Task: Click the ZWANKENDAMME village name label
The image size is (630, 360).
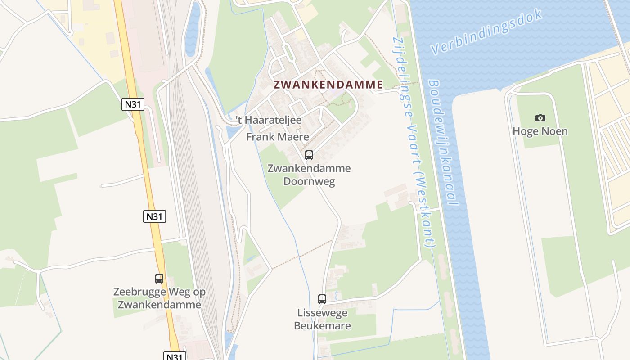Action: (328, 85)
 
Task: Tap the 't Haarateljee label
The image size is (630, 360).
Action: (269, 120)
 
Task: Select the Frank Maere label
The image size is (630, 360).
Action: (278, 137)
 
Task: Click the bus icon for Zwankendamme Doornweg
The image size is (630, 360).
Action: (309, 155)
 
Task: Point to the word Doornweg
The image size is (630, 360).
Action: (309, 181)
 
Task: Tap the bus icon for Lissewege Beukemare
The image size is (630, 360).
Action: (322, 299)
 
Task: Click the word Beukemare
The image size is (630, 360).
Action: (322, 325)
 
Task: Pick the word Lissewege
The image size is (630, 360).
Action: (322, 313)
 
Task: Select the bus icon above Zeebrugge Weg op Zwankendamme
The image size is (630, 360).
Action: (159, 278)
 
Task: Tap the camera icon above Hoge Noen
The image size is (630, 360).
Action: (540, 118)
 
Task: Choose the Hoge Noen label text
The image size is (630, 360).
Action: (540, 131)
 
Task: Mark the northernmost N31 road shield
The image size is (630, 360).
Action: (133, 104)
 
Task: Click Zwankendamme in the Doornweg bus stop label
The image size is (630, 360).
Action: (309, 169)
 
